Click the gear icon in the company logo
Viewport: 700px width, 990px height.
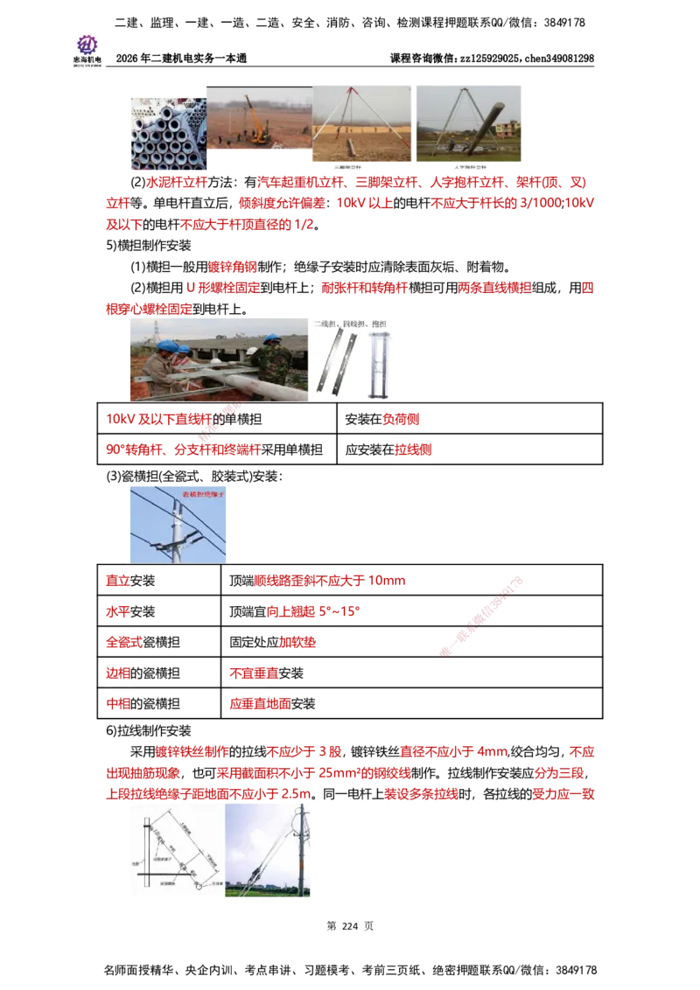coord(87,44)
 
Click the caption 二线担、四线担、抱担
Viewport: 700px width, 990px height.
coord(354,323)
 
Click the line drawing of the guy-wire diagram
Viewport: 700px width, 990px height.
coord(175,848)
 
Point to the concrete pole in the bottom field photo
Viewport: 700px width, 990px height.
coord(301,853)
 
